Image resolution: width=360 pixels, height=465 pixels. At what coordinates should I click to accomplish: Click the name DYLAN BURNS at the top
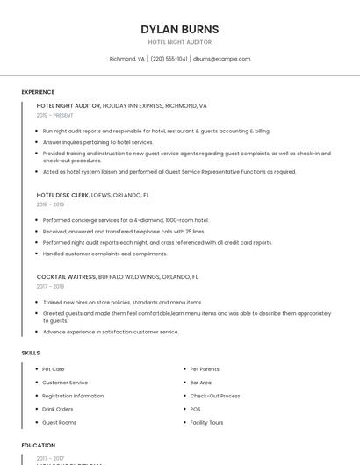tap(180, 29)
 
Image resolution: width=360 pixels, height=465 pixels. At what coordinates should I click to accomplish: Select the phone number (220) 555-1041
tap(169, 59)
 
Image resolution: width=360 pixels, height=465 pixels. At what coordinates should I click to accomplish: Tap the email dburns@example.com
tap(221, 59)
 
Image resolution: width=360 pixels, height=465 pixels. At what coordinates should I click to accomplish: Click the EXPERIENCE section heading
tap(38, 91)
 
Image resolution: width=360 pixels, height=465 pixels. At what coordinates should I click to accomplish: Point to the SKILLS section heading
tap(31, 353)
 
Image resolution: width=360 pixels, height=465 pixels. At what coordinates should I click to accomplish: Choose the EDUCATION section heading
tap(38, 445)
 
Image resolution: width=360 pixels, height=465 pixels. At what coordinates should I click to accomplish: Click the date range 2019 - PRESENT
tap(55, 115)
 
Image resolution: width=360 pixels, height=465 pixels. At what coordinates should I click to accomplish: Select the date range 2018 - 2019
tap(50, 204)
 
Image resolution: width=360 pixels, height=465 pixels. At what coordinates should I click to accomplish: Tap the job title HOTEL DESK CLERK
tap(63, 195)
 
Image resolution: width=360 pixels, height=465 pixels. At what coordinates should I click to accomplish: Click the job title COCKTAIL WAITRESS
tap(66, 276)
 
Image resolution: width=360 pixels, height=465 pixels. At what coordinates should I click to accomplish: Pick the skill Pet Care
tap(53, 369)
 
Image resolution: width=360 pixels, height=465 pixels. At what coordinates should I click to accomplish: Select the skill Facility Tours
tap(206, 422)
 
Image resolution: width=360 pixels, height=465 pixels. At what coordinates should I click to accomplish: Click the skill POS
tap(195, 409)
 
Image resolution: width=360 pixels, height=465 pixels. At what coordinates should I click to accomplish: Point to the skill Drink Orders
tap(58, 409)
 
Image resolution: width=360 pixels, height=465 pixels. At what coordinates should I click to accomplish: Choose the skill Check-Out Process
tap(214, 396)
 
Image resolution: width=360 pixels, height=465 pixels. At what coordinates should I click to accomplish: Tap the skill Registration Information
tap(73, 396)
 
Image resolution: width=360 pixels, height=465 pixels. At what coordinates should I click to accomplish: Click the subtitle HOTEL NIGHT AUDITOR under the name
tap(180, 42)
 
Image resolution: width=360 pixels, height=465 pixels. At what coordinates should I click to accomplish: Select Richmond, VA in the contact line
tap(126, 59)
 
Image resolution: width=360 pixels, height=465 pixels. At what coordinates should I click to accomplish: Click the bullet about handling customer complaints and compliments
tap(104, 254)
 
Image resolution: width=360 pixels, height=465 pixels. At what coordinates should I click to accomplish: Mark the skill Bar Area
tap(200, 383)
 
